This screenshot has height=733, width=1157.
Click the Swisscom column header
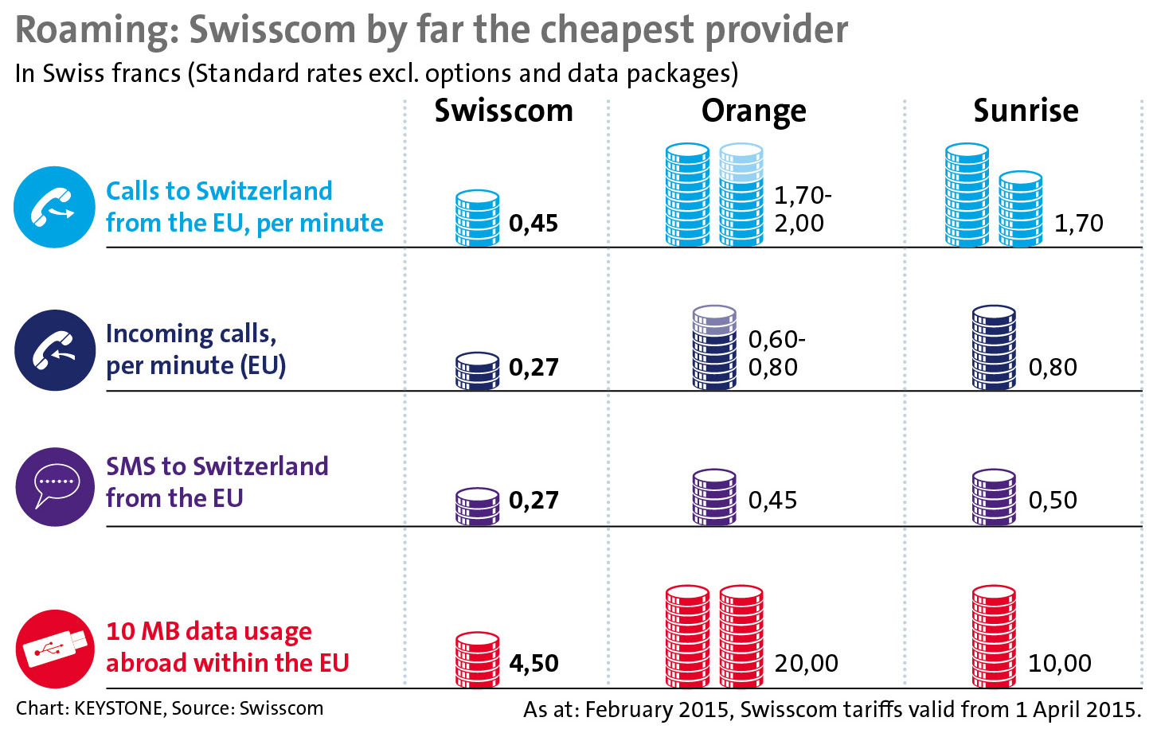(x=503, y=111)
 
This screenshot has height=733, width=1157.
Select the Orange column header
(x=753, y=111)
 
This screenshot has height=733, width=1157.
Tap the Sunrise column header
(x=1026, y=111)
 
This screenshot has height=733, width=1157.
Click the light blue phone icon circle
(x=54, y=207)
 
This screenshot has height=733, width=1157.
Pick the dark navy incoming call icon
(x=54, y=350)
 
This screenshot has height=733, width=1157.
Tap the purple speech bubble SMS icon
(x=54, y=486)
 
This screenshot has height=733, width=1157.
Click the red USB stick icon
(x=54, y=649)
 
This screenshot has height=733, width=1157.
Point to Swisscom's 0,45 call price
(x=534, y=224)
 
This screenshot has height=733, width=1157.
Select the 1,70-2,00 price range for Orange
(x=803, y=209)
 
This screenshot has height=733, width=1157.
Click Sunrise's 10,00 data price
(x=1060, y=663)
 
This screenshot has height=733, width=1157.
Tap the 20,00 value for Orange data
(x=806, y=663)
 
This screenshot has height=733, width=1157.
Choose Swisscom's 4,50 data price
(x=534, y=663)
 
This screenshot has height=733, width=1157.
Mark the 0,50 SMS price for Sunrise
(x=1053, y=500)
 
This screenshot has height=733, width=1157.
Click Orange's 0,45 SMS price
(x=772, y=500)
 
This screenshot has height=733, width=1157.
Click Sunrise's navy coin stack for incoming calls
(x=994, y=348)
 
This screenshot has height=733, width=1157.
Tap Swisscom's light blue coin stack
(x=477, y=218)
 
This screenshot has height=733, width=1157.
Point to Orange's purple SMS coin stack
(x=714, y=497)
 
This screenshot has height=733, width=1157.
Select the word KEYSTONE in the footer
(x=118, y=708)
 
